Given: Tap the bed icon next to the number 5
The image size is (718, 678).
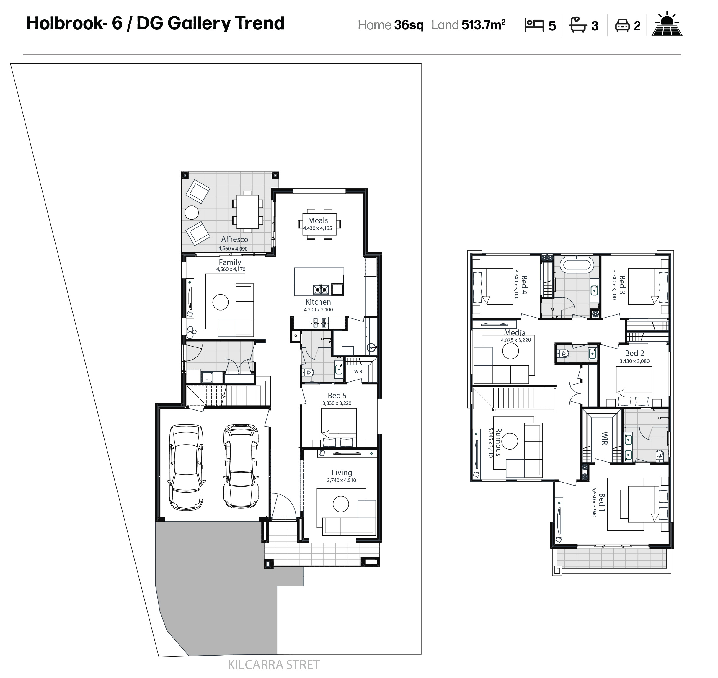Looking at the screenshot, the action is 534,25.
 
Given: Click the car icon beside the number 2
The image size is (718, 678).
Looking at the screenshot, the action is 622,26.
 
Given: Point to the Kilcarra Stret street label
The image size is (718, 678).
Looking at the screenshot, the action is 274,665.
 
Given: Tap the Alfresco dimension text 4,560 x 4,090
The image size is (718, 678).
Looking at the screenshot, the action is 233,249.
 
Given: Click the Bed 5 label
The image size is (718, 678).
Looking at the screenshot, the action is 337,396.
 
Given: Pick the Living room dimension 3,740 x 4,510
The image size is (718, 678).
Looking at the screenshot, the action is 342,480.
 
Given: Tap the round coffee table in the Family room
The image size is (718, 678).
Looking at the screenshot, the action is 221,302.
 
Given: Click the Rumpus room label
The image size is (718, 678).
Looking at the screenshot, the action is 498,442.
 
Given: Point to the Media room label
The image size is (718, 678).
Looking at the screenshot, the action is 515,332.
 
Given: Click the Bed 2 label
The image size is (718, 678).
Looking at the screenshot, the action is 634,353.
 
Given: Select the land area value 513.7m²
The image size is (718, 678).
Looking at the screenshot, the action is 483,24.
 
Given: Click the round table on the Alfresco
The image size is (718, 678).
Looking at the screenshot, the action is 192,213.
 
